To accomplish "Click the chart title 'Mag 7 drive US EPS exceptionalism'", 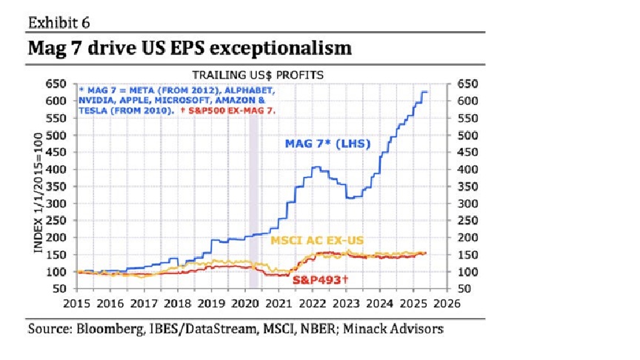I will click(189, 49).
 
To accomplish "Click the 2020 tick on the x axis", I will click(244, 303).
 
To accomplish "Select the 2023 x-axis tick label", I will click(345, 303).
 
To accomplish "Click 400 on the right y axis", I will click(468, 169).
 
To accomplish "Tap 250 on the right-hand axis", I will click(468, 220).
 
